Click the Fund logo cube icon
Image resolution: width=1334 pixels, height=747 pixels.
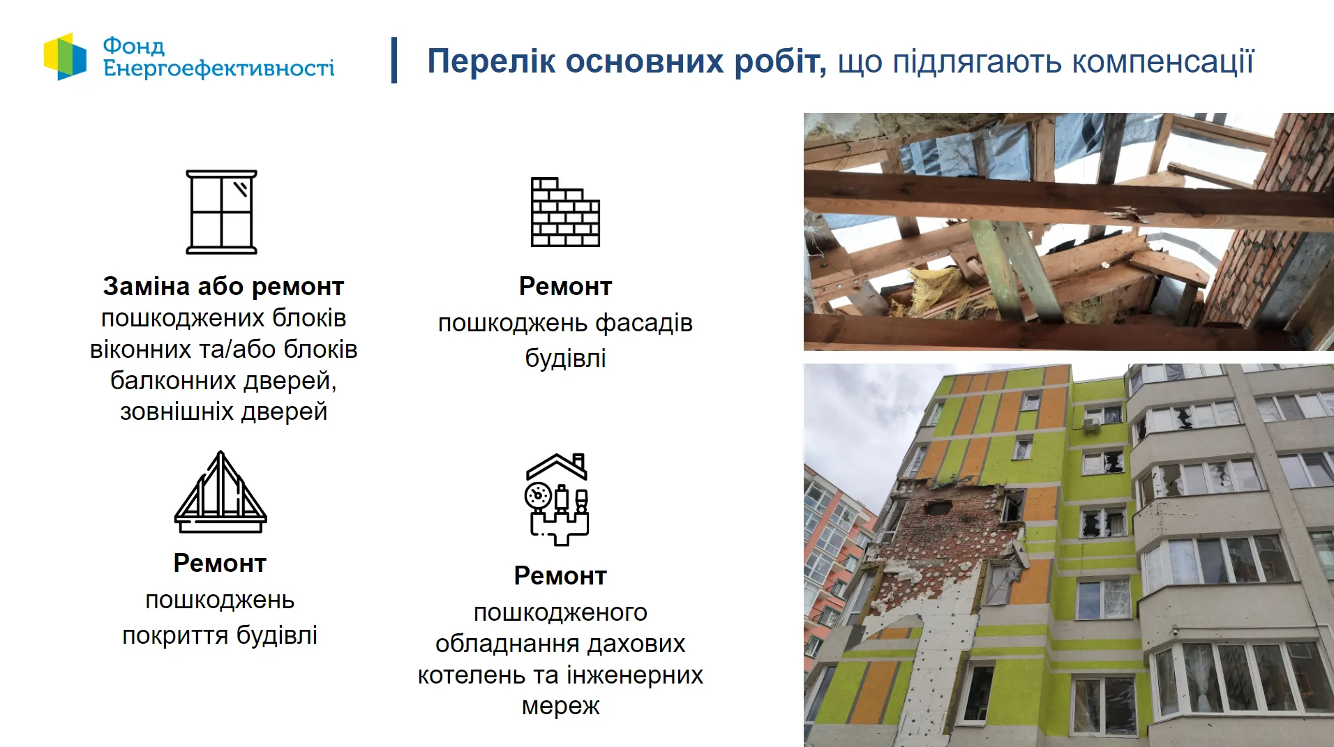65,56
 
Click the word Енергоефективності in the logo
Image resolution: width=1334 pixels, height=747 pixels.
218,68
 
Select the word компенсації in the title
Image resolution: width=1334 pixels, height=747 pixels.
1162,61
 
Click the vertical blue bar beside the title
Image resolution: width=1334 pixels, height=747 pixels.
395,60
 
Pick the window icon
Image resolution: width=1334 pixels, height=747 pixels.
221,212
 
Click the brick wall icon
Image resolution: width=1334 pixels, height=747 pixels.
565,212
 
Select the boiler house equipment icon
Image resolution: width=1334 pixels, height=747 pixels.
557,499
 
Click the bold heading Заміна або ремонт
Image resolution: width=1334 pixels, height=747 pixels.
223,287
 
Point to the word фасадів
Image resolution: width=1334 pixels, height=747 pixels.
644,324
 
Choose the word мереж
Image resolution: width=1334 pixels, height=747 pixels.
560,706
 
